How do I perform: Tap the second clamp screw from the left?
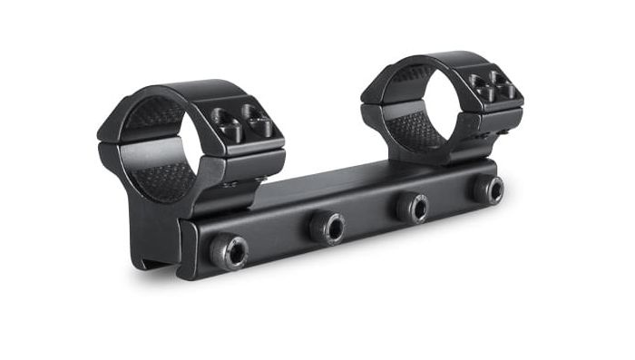point(327,227)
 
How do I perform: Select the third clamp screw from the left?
point(414,207)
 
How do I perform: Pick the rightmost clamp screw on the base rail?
point(487,189)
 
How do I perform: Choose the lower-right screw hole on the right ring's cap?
point(506,93)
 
